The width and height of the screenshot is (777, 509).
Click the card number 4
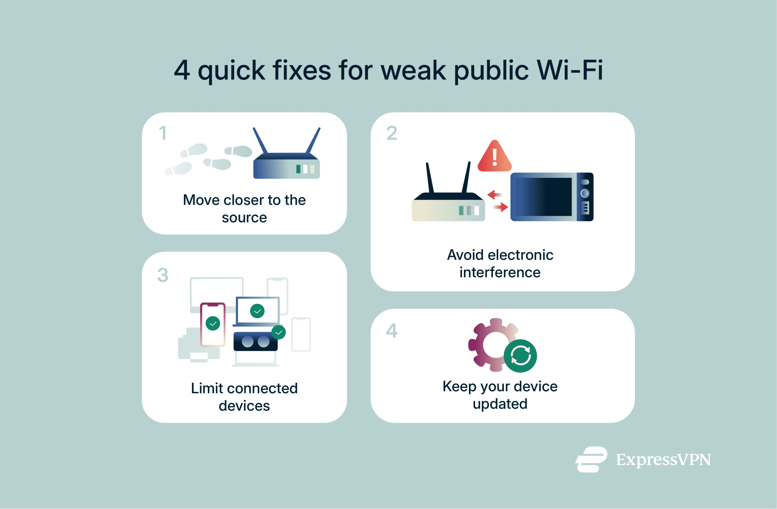point(392,331)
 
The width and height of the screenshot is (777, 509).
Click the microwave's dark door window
point(544,197)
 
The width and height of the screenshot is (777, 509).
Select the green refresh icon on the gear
point(521,356)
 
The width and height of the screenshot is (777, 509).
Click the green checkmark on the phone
point(213,323)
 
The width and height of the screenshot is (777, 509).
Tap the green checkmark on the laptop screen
point(257,311)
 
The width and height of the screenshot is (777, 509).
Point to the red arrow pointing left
point(494,195)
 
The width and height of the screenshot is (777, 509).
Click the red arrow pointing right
point(501,207)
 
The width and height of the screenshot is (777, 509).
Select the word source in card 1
point(244,217)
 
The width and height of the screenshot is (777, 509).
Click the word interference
point(500,272)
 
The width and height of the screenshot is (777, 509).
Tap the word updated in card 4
point(500,404)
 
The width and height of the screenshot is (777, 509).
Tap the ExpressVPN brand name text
point(663,460)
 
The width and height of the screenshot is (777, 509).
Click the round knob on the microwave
point(585,193)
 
